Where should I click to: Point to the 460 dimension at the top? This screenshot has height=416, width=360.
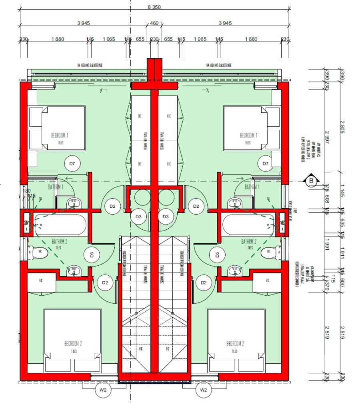(x=154, y=23)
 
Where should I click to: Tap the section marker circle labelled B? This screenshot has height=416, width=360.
(x=311, y=181)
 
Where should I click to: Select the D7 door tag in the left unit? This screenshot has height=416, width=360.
(x=72, y=163)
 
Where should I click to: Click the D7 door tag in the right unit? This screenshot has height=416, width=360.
(x=265, y=163)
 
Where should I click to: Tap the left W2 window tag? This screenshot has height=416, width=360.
(x=103, y=390)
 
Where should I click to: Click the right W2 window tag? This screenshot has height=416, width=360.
(x=203, y=390)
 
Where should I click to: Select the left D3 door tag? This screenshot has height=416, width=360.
(x=138, y=217)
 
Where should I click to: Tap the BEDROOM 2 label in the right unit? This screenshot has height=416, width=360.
(x=235, y=344)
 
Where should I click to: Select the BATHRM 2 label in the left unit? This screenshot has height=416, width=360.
(x=60, y=241)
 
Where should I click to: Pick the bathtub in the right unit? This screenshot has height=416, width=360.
(x=248, y=225)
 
